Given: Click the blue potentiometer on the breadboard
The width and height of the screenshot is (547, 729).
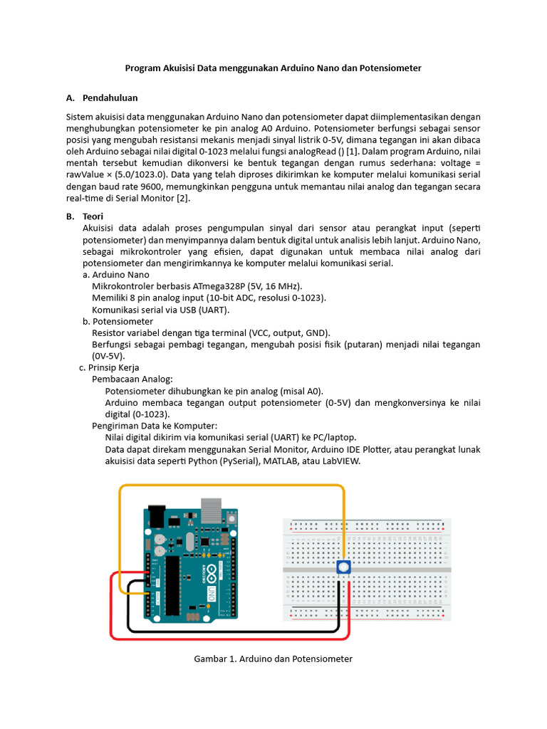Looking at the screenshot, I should pos(344,567).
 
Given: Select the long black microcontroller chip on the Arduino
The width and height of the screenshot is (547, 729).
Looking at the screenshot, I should pos(172,584).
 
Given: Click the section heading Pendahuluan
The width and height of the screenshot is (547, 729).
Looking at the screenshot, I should pos(110,98).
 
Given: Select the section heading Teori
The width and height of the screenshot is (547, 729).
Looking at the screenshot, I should pos(93,216).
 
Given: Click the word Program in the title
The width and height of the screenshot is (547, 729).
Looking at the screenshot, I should pos(142,68).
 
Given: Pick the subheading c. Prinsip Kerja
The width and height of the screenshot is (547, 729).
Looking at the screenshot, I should pos(109,367).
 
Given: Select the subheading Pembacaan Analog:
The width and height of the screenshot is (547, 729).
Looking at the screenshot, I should pos(132,379).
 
